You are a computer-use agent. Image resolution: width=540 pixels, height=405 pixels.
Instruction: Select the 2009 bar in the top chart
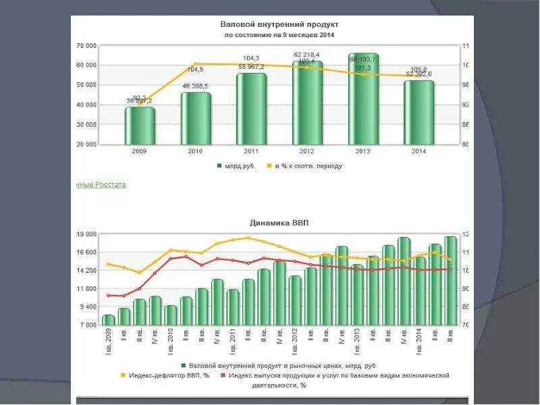click(140, 126)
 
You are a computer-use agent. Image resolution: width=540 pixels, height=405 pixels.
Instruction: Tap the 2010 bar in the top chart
click(195, 118)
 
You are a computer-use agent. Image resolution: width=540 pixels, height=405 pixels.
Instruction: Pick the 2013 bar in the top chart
click(363, 99)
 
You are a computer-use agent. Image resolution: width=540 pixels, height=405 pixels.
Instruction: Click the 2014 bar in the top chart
click(418, 112)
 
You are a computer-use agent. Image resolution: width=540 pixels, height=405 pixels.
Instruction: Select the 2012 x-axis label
click(307, 152)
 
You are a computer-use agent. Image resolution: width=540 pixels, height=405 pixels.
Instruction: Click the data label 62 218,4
click(307, 54)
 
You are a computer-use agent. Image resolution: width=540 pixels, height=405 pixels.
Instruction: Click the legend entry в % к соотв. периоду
click(307, 166)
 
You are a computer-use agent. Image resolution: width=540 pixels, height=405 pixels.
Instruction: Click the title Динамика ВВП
click(279, 222)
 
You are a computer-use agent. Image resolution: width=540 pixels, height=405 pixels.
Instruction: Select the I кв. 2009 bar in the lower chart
click(108, 320)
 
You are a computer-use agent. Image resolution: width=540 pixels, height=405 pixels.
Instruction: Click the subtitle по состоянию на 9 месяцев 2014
click(279, 34)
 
